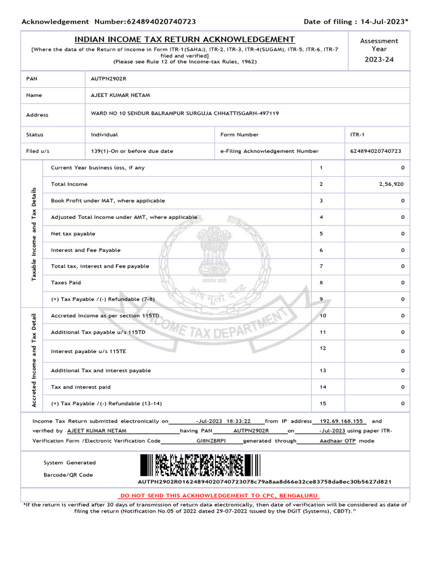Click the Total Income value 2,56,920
391,184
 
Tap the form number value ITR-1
356,135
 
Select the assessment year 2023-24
379,59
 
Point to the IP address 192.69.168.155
342,421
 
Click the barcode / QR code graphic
200,464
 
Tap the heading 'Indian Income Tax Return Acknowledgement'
185,39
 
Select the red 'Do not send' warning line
219,496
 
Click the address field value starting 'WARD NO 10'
185,114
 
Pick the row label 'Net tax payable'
73,233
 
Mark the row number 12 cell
322,349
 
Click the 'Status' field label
35,135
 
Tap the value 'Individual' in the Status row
104,135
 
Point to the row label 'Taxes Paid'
66,283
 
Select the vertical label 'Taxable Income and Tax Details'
34,233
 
